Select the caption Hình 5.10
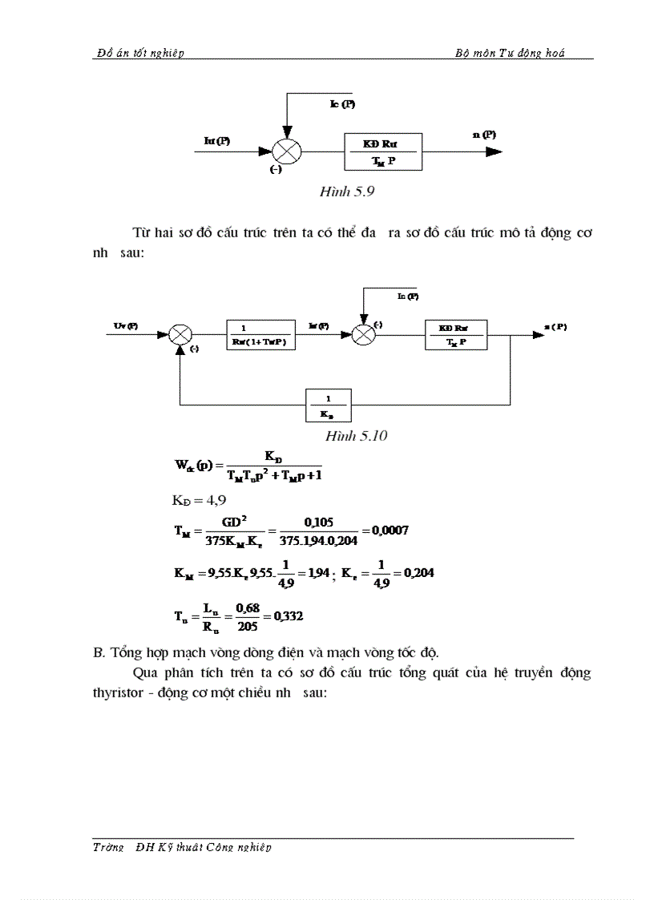(357, 436)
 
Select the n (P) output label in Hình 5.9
(484, 135)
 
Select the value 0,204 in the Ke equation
(415, 574)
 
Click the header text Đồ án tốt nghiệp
(139, 53)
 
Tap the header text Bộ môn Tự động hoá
(510, 53)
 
